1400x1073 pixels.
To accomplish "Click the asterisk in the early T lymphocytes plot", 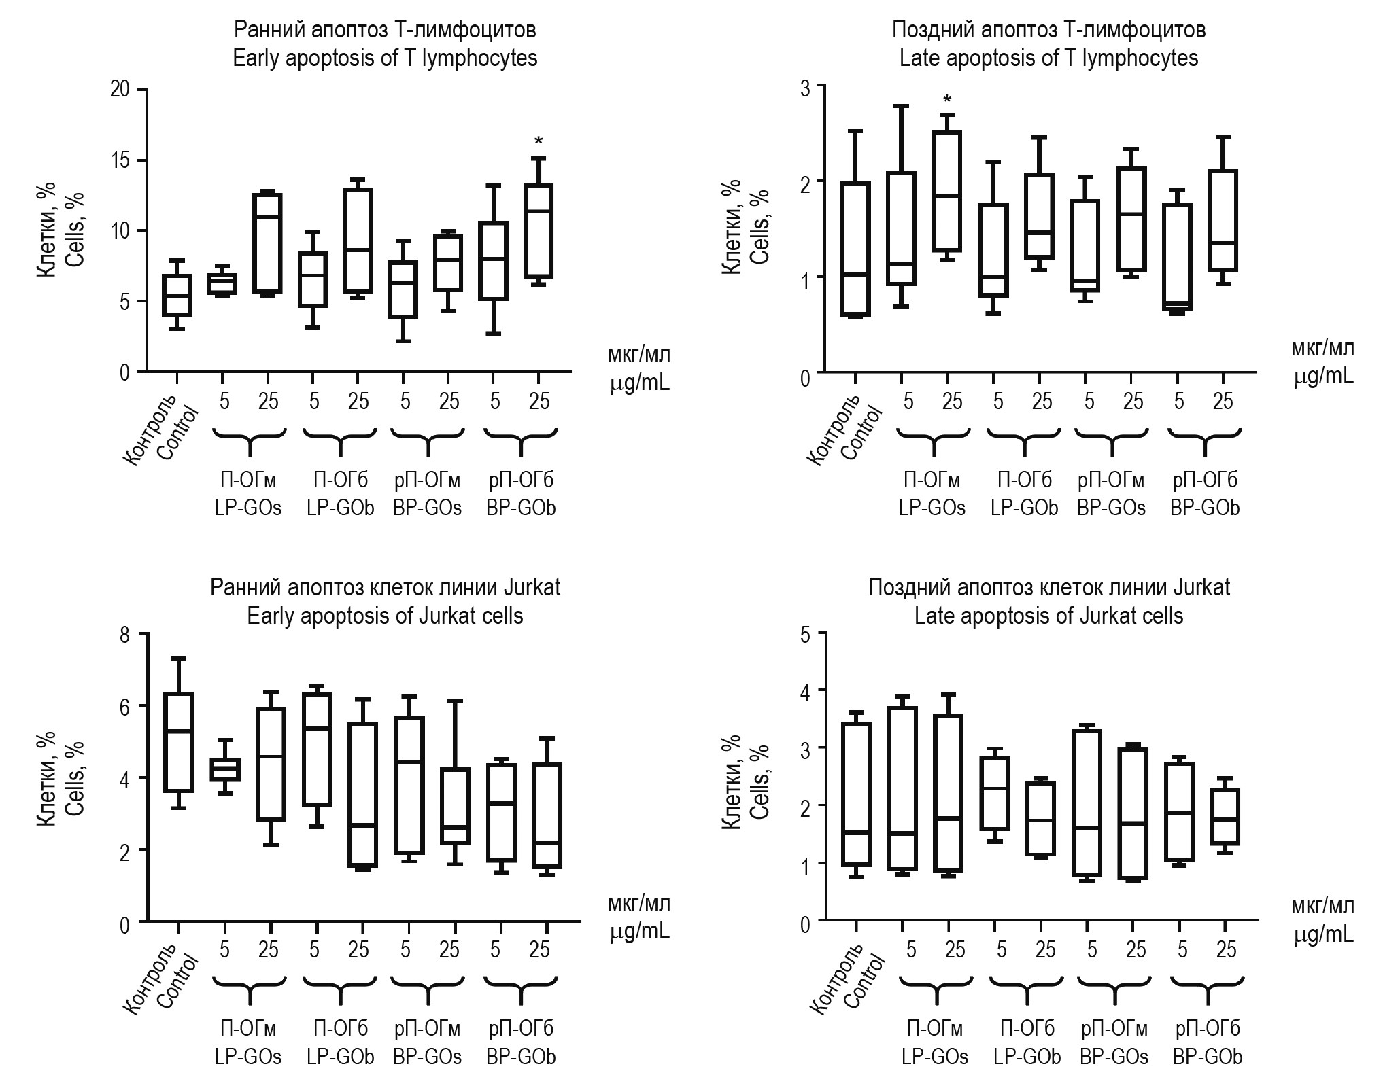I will coord(539,141).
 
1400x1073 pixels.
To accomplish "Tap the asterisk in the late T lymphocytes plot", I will coord(947,100).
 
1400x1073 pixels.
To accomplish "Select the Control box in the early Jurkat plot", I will coord(178,742).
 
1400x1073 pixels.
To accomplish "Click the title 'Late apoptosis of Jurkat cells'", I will coord(1048,616).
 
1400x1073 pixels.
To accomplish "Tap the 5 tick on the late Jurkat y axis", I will coord(806,634).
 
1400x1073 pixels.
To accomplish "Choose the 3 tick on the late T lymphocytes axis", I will coord(806,86).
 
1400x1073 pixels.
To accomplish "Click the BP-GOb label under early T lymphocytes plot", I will coord(521,508).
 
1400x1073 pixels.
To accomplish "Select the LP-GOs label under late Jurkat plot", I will coord(935,1057).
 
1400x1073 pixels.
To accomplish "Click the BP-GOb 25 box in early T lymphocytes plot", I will coord(539,231).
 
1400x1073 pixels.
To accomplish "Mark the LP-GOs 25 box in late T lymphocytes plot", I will coord(947,192).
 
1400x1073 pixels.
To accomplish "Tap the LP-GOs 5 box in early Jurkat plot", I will coord(223,770).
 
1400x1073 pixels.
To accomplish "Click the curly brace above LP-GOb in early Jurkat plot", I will coord(339,989).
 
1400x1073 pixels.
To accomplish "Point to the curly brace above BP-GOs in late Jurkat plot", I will coord(1114,989).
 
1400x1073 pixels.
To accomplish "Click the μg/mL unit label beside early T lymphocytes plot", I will coord(639,383).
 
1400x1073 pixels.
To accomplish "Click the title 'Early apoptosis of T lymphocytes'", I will coord(385,58).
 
